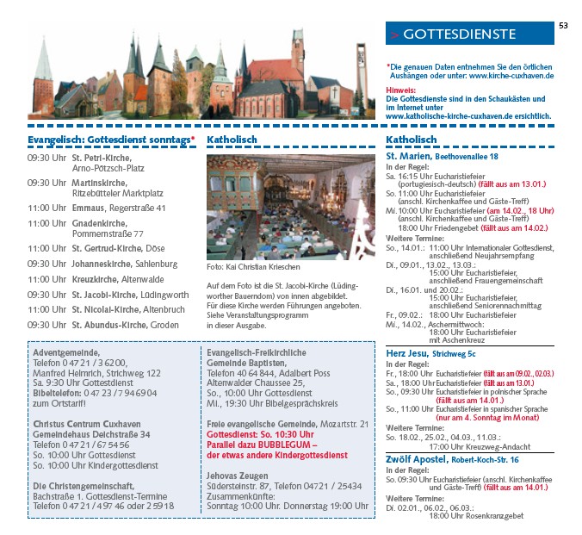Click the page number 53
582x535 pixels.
coord(563,25)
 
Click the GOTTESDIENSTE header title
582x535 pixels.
coord(459,34)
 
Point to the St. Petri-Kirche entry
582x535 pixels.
coord(101,159)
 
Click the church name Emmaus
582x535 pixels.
coord(89,208)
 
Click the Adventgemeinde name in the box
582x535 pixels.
coord(65,352)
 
